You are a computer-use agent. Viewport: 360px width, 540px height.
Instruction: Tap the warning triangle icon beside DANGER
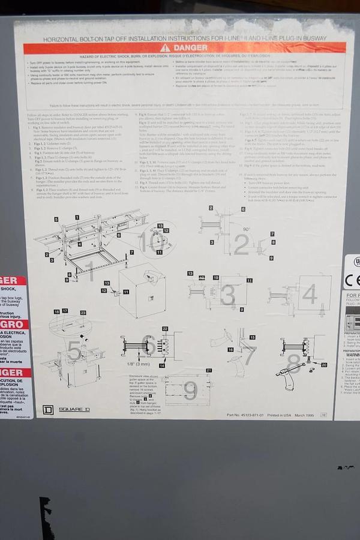[165, 48]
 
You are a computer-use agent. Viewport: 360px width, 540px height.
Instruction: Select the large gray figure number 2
[241, 244]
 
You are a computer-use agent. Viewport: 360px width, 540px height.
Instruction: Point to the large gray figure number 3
[227, 294]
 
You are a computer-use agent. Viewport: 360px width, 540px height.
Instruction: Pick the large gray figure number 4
[309, 294]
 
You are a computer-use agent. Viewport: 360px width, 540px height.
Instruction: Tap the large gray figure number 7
[248, 355]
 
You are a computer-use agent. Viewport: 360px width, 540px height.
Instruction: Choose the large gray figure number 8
[293, 363]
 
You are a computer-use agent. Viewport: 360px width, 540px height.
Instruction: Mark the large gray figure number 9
[190, 391]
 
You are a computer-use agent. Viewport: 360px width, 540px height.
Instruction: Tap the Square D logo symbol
[48, 410]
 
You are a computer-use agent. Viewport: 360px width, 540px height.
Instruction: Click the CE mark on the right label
[352, 280]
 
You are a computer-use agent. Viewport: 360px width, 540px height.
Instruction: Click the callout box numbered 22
[165, 329]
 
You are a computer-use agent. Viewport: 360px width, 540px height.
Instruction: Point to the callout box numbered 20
[324, 364]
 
